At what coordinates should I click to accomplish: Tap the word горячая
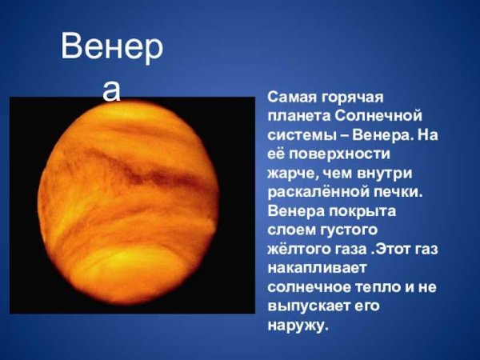[x=351, y=97]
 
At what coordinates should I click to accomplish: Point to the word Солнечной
[x=374, y=116]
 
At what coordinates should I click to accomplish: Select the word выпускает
[x=309, y=307]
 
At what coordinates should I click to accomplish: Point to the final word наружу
[x=297, y=326]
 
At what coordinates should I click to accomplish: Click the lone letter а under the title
[x=112, y=90]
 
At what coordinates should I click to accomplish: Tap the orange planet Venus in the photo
[x=129, y=205]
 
